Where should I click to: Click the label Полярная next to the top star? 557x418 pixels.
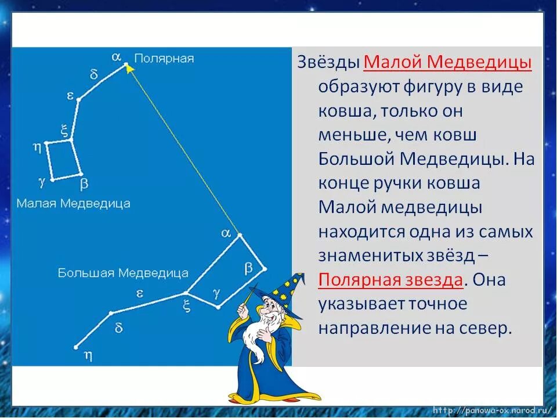click(x=164, y=59)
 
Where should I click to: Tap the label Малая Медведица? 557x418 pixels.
click(x=73, y=203)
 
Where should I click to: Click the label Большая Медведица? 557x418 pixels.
click(x=123, y=273)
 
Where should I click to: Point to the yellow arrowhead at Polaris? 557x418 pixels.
click(x=129, y=69)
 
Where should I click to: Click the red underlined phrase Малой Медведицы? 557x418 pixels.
click(x=447, y=62)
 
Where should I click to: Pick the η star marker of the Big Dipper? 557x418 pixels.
click(x=76, y=347)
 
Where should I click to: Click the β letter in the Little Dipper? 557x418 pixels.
click(x=84, y=184)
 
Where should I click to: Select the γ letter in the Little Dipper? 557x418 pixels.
click(x=41, y=181)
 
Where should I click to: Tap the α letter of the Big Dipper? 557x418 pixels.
click(x=226, y=233)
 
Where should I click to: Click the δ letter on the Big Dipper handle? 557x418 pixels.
click(x=118, y=328)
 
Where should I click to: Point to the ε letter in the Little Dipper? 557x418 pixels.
click(x=70, y=96)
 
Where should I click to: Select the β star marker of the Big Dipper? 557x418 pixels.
click(x=265, y=269)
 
